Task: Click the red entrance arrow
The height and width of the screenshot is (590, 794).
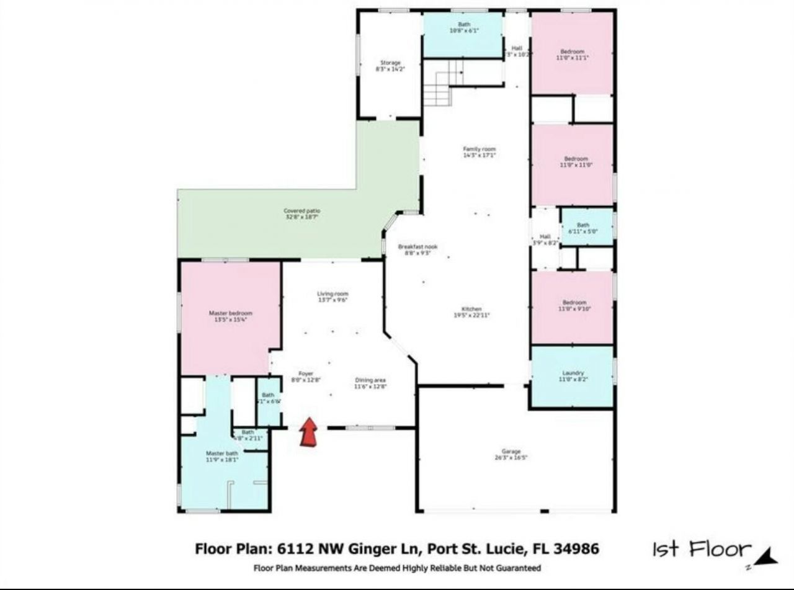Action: [308, 432]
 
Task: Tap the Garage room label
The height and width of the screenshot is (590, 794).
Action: [511, 452]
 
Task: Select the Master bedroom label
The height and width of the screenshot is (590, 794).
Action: [231, 313]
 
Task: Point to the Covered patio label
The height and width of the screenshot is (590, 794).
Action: [302, 212]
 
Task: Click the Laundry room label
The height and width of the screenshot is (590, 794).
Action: [573, 373]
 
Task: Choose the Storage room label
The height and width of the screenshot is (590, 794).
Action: [390, 63]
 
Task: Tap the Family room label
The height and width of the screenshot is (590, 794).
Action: [480, 149]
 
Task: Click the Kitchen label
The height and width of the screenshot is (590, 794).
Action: [471, 309]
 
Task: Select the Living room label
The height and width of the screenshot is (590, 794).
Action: [332, 293]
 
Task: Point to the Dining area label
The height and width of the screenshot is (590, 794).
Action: [370, 380]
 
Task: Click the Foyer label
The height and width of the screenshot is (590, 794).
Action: [306, 373]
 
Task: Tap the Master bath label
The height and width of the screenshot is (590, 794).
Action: [222, 454]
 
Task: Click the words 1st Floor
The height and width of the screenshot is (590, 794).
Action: [701, 549]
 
